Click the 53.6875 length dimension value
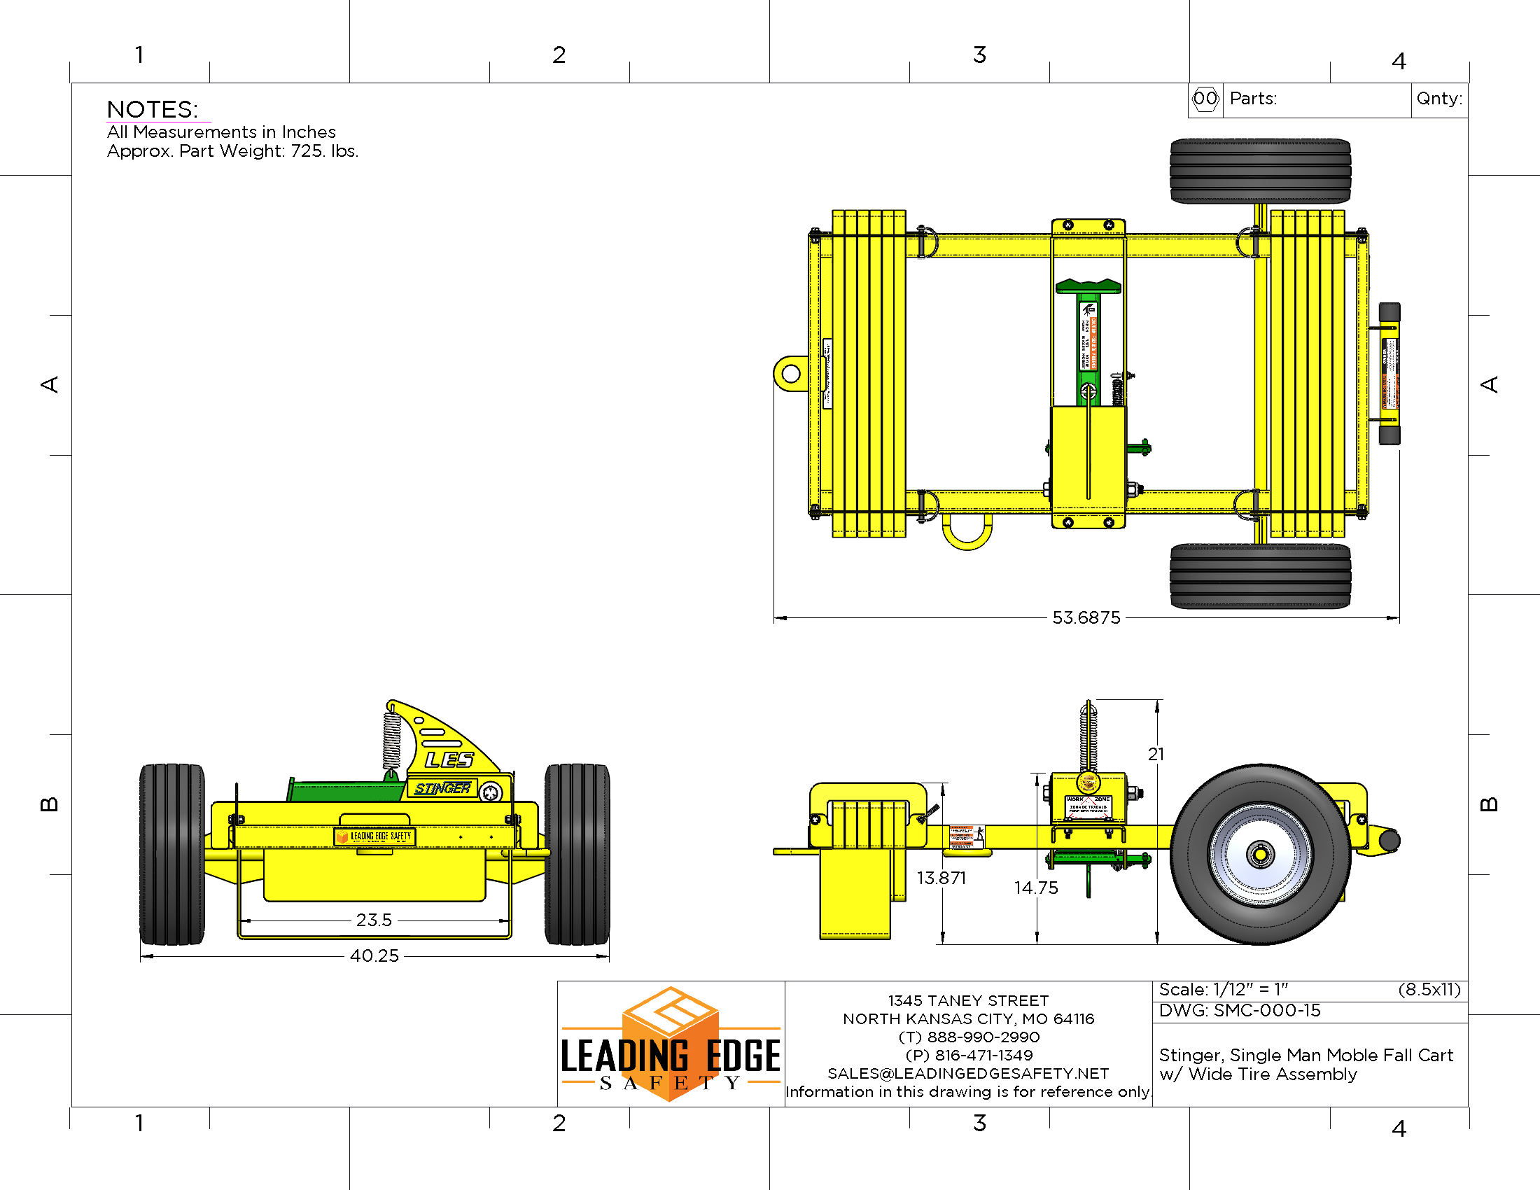(x=1085, y=617)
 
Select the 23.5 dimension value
(x=373, y=920)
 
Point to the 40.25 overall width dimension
(x=374, y=955)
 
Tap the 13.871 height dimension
(x=941, y=878)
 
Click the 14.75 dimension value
(x=1035, y=888)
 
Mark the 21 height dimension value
(x=1156, y=755)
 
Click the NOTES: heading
(x=153, y=109)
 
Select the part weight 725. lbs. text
(x=232, y=151)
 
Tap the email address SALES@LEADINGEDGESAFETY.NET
(x=967, y=1073)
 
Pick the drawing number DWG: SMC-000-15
(x=1239, y=1010)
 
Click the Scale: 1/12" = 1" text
(x=1223, y=989)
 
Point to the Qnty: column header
(x=1438, y=98)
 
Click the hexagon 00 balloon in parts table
(x=1205, y=98)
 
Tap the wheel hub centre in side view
(x=1259, y=855)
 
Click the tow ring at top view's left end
(x=790, y=374)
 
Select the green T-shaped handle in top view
(x=1087, y=286)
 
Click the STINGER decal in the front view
(x=442, y=788)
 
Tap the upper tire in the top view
(x=1259, y=171)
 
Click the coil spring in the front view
(x=391, y=740)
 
